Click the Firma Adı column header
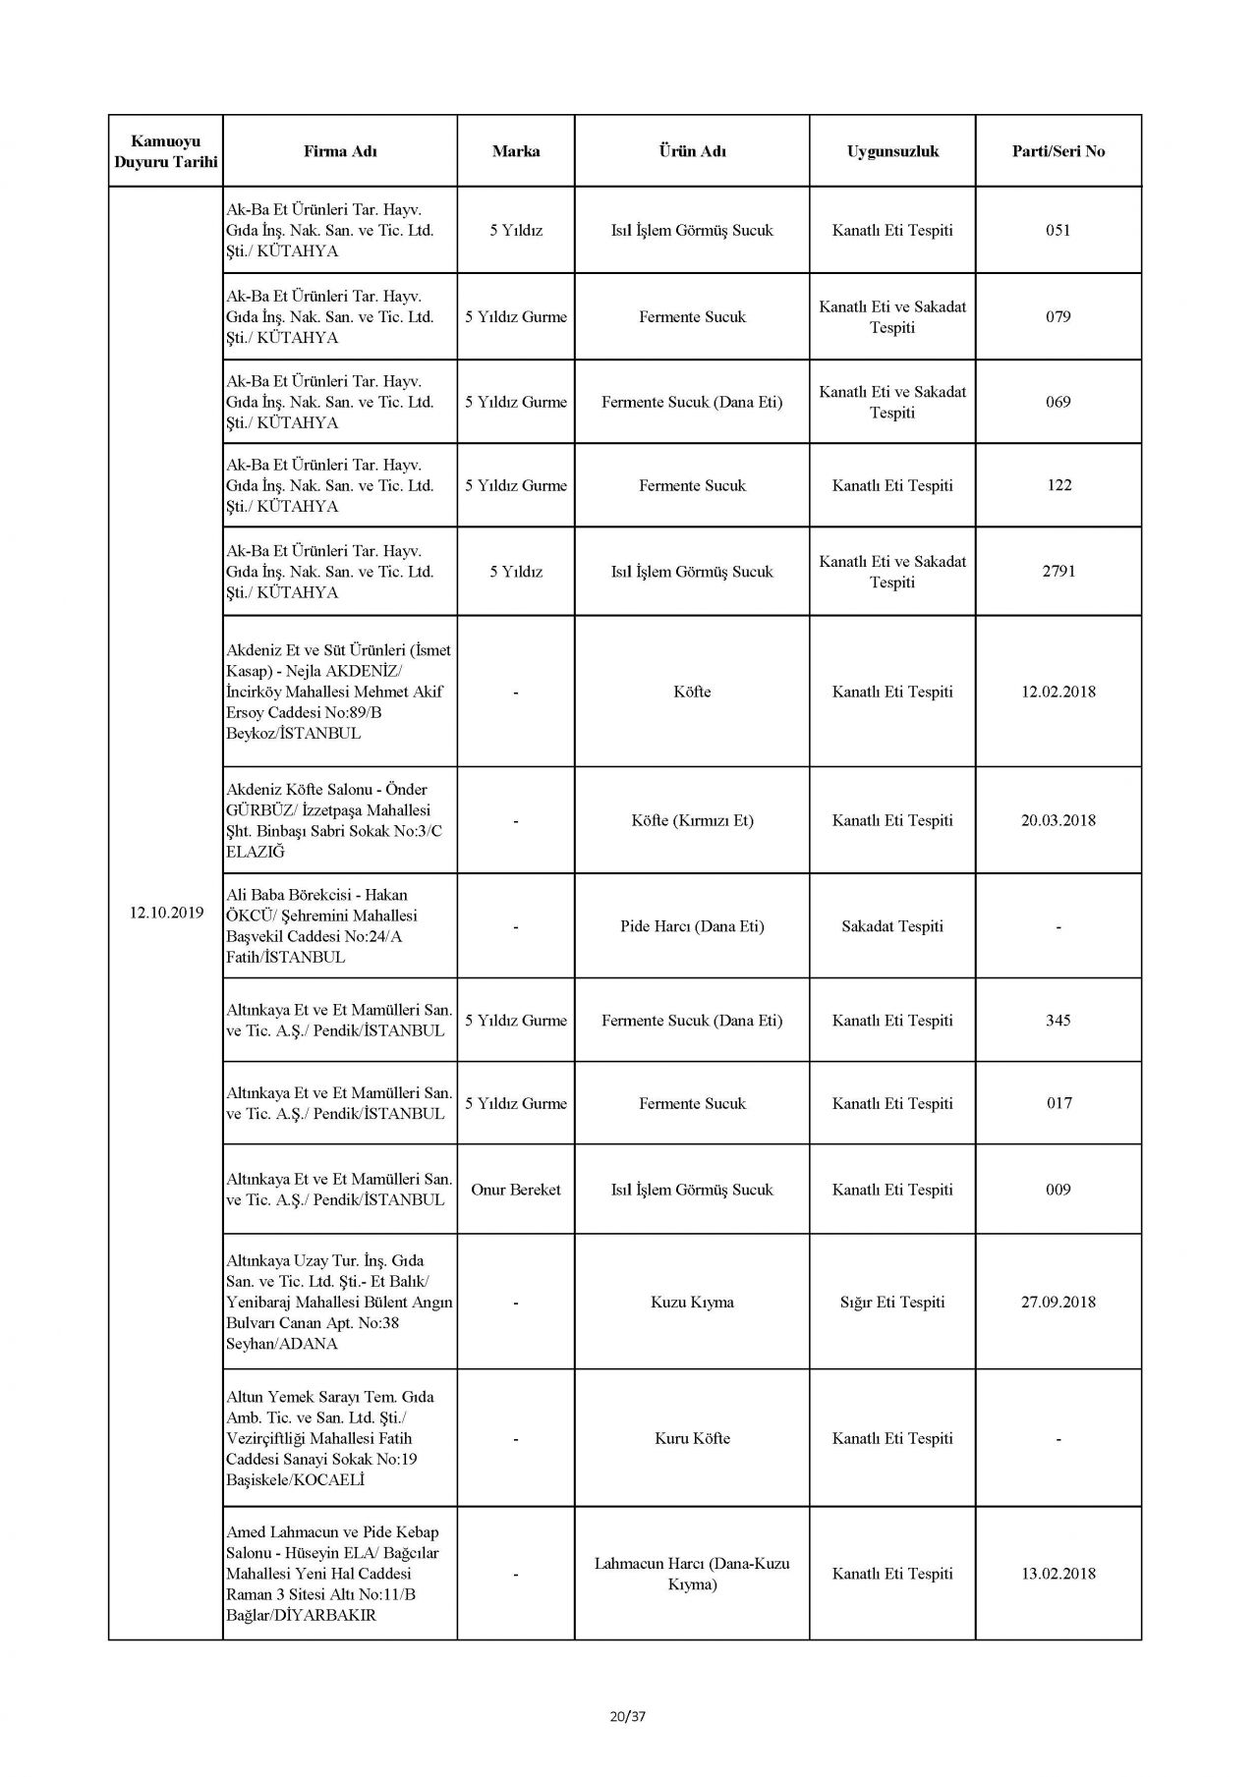pos(340,151)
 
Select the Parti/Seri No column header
pos(1058,151)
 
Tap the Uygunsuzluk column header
pos(892,151)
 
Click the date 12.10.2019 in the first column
pos(166,913)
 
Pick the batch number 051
pos(1058,231)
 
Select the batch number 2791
pos(1058,572)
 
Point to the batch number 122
pos(1058,485)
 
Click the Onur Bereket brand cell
pos(516,1190)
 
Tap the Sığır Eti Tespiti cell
pos(892,1303)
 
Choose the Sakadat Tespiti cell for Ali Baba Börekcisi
pos(892,926)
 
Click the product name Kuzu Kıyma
pos(692,1303)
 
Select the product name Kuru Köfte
pos(692,1438)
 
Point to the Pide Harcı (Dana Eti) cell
pos(692,926)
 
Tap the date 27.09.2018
pos(1058,1303)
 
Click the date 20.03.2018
pos(1058,820)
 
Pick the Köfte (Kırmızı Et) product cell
pos(692,820)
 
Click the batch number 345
pos(1058,1021)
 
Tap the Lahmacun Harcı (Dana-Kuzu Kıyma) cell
pos(692,1574)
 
